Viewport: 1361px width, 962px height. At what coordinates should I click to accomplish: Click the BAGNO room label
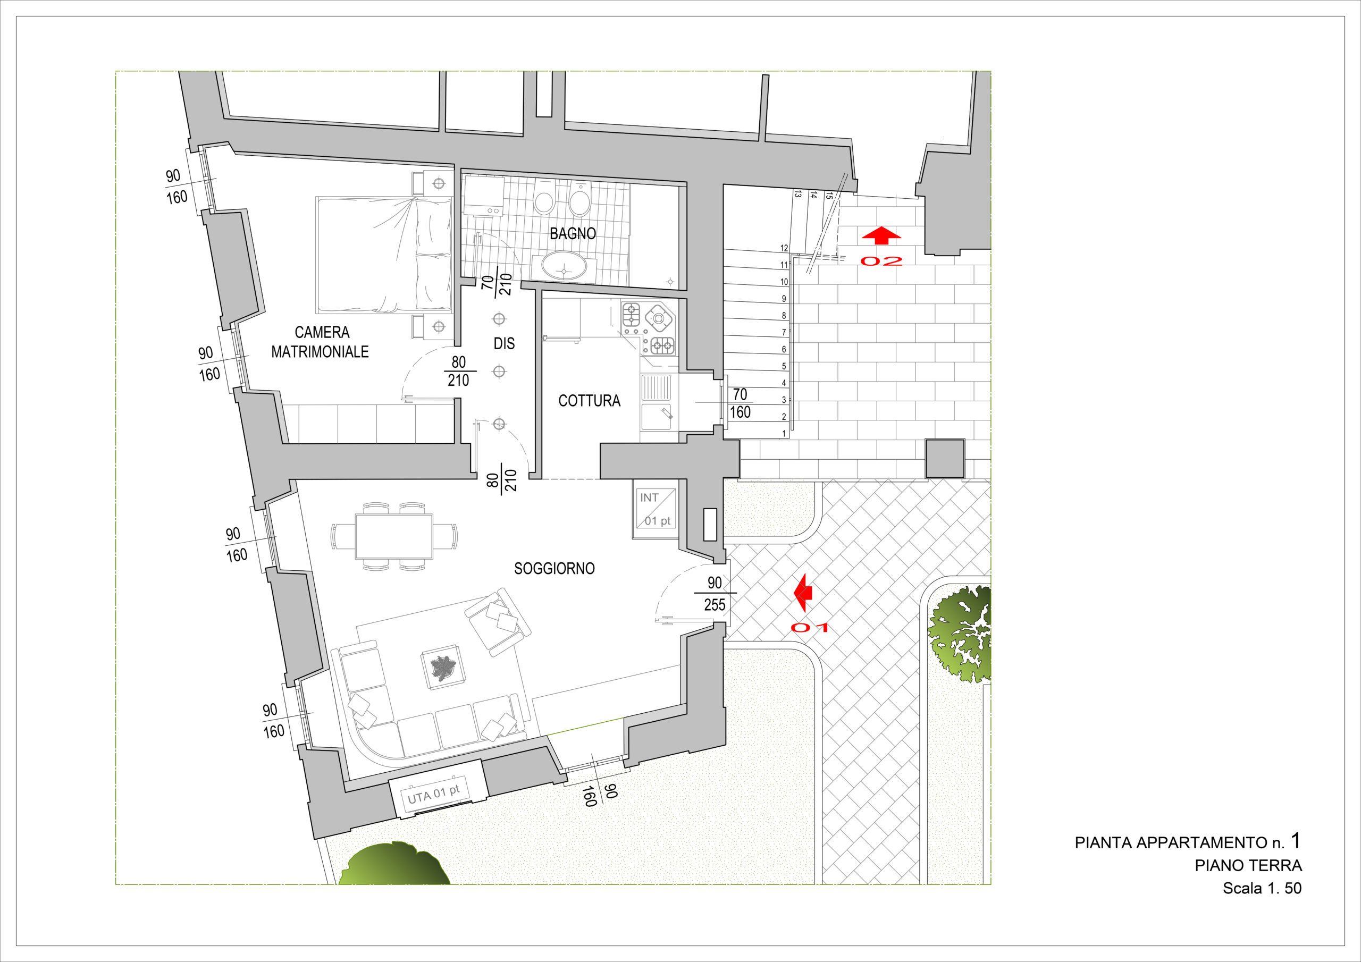(573, 233)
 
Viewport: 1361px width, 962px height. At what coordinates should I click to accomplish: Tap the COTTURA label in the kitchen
(589, 401)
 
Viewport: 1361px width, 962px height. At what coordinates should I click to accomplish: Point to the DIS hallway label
(504, 343)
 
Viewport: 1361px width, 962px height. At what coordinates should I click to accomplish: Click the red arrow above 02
(881, 235)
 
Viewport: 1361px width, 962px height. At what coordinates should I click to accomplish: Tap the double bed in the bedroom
(386, 255)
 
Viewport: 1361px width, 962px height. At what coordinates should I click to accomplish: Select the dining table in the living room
(394, 536)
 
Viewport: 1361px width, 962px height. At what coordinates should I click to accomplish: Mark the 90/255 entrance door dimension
(715, 593)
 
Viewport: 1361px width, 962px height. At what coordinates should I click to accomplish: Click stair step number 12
(784, 248)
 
